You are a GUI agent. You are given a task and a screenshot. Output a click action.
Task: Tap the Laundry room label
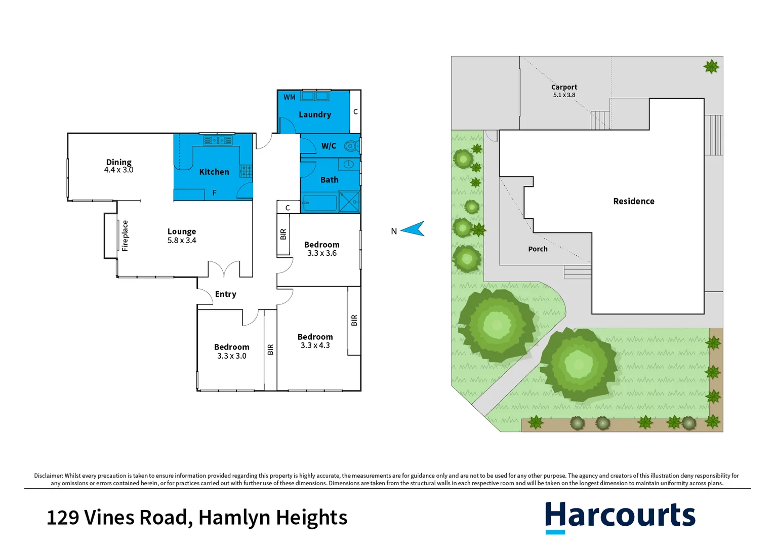315,114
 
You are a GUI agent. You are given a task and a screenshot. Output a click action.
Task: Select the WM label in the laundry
290,97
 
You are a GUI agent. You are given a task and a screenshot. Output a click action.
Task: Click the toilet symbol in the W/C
351,146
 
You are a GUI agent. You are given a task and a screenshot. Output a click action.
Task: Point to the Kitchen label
214,172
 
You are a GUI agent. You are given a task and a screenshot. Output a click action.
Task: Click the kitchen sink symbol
218,140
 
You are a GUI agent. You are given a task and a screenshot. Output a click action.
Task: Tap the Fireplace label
125,236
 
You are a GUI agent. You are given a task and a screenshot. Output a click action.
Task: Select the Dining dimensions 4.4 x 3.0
119,170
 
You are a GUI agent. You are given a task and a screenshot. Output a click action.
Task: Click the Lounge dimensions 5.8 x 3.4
182,241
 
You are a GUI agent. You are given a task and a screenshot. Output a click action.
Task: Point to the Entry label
225,294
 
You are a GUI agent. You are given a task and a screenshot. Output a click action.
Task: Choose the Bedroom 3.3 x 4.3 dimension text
315,345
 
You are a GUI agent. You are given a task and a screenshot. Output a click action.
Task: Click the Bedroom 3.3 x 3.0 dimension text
232,356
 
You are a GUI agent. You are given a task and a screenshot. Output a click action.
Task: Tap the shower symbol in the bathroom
349,201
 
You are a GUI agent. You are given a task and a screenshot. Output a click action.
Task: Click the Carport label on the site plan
564,87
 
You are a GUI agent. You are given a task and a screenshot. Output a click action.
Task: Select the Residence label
634,201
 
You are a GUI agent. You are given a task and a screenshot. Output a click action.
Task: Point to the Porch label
538,249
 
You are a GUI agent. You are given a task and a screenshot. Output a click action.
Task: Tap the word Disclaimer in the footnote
48,476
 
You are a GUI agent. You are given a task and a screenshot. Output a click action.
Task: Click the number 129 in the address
63,518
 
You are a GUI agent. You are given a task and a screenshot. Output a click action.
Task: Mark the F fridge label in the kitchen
215,193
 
